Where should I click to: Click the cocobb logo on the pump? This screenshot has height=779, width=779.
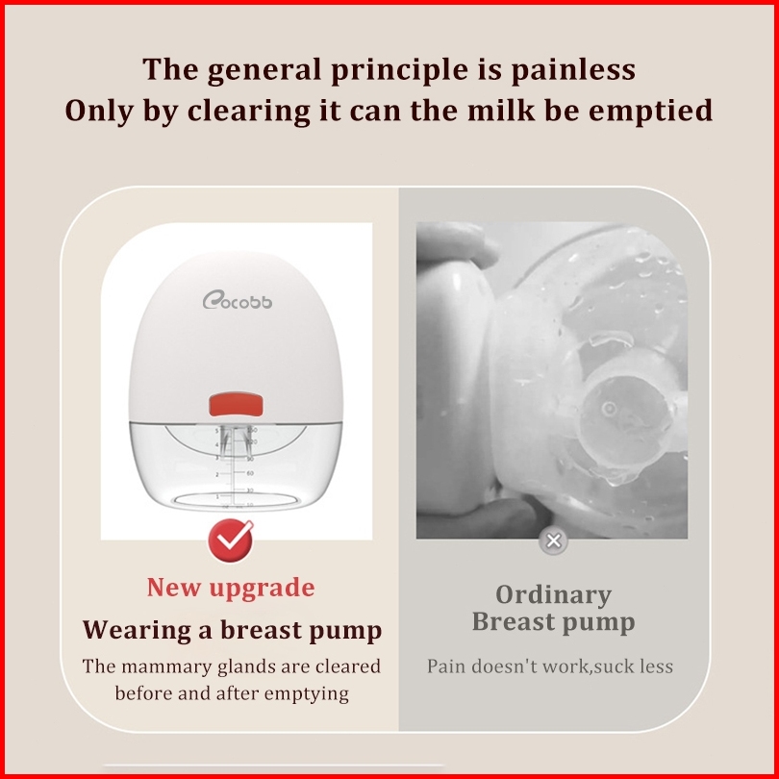pyautogui.click(x=237, y=300)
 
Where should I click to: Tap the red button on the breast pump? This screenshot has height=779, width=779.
pyautogui.click(x=236, y=404)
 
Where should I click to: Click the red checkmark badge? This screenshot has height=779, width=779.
pyautogui.click(x=231, y=540)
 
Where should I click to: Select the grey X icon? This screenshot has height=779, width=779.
pyautogui.click(x=553, y=540)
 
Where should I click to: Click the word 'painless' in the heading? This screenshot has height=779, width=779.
pyautogui.click(x=573, y=69)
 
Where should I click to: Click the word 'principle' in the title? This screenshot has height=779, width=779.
pyautogui.click(x=399, y=69)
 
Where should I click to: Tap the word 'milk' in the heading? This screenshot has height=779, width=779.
pyautogui.click(x=501, y=110)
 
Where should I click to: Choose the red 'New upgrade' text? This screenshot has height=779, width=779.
pyautogui.click(x=231, y=588)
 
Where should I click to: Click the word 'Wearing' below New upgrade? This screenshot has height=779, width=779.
pyautogui.click(x=138, y=631)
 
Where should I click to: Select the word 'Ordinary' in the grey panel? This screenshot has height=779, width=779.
pyautogui.click(x=553, y=595)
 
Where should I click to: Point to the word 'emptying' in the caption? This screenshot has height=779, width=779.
pyautogui.click(x=307, y=694)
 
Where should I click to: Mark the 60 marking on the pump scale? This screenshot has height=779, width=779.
pyautogui.click(x=250, y=473)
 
